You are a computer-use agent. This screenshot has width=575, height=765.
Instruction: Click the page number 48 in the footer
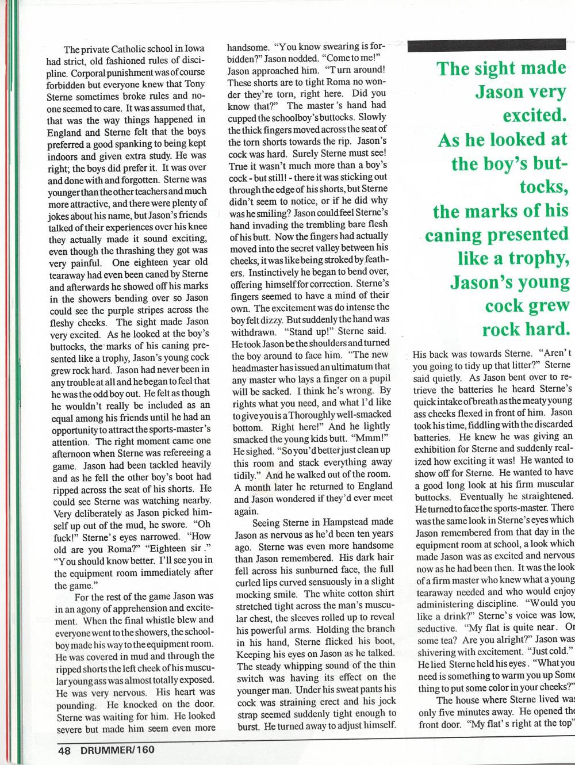pos(63,749)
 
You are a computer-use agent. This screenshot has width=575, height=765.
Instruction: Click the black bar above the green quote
pos(486,45)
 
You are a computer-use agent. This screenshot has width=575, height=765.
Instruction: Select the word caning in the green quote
pos(453,235)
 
